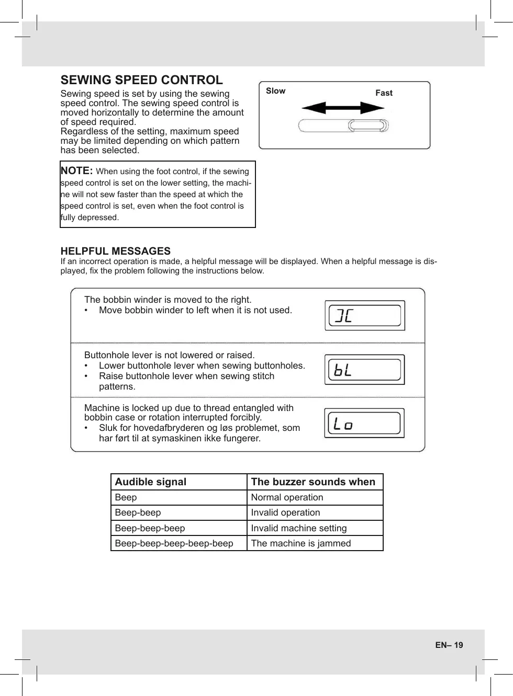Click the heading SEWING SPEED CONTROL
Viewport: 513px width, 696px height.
[x=141, y=80]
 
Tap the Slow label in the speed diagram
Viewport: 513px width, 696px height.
[x=275, y=91]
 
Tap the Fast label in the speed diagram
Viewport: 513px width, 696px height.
[x=384, y=93]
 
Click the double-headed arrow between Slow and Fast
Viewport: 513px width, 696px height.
[x=343, y=108]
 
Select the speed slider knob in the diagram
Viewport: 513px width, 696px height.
[x=369, y=125]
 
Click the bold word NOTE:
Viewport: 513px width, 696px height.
[x=76, y=170]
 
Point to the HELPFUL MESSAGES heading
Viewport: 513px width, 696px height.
[x=115, y=251]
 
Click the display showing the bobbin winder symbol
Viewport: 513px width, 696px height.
[x=365, y=315]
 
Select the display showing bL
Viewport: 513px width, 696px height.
[x=364, y=370]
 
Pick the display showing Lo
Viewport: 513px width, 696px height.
[x=364, y=423]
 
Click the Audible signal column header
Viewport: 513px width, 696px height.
[x=151, y=482]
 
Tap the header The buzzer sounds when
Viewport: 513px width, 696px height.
[x=313, y=482]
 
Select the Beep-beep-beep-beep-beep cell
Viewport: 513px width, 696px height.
[x=174, y=543]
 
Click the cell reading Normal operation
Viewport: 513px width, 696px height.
[x=287, y=497]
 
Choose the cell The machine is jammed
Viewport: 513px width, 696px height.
[x=301, y=543]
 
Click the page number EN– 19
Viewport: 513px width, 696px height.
[x=449, y=645]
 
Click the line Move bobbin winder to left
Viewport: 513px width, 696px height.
[x=195, y=310]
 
